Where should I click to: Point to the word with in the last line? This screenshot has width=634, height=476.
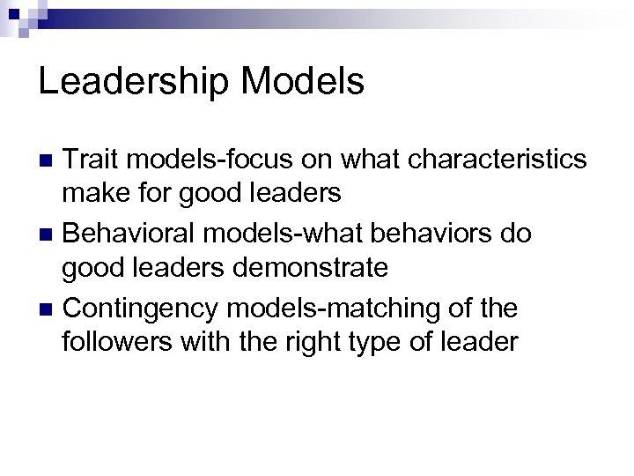pyautogui.click(x=210, y=340)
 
